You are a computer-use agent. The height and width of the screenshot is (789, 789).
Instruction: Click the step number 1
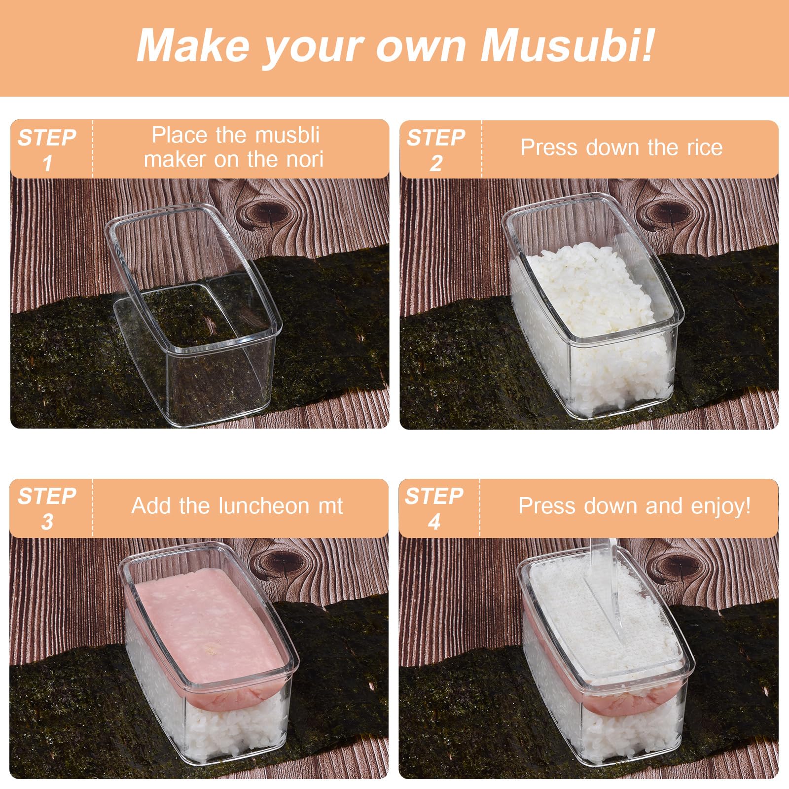(47, 163)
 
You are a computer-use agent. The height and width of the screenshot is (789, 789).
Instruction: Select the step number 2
(436, 163)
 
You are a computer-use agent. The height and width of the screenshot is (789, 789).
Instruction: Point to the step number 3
(47, 522)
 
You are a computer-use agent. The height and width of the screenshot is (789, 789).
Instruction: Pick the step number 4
(434, 522)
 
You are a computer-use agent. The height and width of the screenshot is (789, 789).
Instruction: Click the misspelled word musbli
(287, 135)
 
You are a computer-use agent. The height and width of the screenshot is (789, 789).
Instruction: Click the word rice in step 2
(704, 147)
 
